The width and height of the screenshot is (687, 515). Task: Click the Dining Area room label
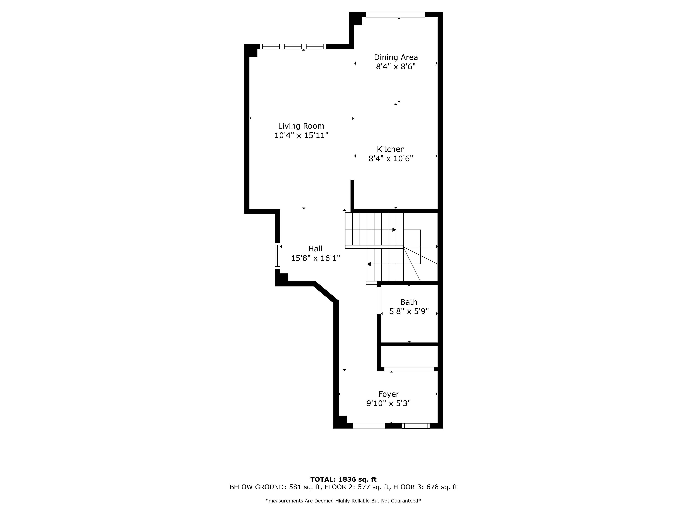pos(396,57)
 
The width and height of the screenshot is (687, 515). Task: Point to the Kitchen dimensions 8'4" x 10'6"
pos(391,159)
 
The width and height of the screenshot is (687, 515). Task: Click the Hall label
pos(315,249)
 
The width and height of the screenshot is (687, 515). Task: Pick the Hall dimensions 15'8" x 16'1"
pos(315,258)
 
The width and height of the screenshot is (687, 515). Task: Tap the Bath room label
pos(409,302)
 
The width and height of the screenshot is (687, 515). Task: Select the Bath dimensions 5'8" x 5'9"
pos(409,311)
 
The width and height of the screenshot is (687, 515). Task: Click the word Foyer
pos(389,394)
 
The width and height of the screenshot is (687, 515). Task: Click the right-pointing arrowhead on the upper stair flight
pos(394,230)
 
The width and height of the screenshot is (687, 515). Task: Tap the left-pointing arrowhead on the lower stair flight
pos(369,264)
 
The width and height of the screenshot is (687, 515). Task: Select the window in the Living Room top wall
pos(293,46)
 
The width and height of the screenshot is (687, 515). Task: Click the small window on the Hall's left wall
pos(277,256)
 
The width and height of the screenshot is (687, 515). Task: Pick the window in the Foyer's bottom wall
pos(416,426)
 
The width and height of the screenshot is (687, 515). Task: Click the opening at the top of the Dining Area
pos(395,15)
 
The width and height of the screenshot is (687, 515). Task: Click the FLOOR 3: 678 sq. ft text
pos(425,487)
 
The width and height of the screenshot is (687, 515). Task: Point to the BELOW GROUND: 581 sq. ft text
pos(275,487)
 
